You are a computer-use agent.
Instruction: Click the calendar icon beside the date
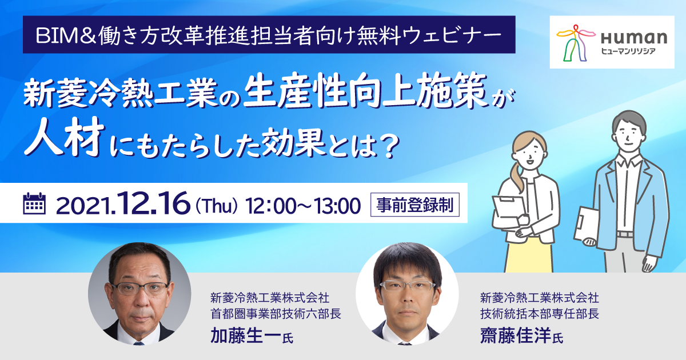34,203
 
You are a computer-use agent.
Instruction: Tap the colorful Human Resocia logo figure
576,42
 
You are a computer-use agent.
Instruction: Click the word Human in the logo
633,38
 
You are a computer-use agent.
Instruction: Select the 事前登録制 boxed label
414,205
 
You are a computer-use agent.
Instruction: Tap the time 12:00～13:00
303,206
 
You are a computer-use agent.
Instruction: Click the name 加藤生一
245,335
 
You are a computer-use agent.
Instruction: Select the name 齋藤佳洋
516,335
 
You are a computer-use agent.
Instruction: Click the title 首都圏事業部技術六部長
276,314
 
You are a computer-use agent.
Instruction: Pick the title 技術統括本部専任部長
540,314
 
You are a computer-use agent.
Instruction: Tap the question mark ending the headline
390,147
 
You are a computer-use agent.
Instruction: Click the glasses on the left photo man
139,289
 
